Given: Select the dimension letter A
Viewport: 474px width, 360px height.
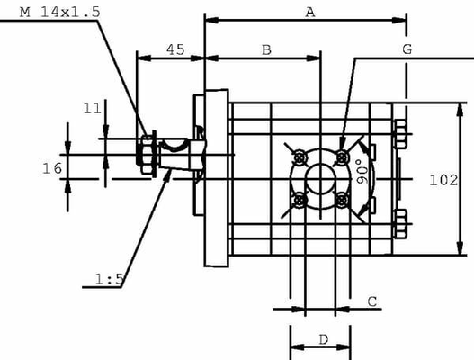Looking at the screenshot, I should click(x=310, y=12).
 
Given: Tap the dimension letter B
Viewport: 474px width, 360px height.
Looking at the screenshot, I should click(x=266, y=49).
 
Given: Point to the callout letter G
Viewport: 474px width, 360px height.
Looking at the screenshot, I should click(x=407, y=49).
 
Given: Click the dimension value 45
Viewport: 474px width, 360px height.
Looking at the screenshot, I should click(x=176, y=49).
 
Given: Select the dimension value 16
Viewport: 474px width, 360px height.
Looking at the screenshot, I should click(x=51, y=167).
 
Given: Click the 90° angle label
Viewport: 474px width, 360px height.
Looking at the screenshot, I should click(x=362, y=173).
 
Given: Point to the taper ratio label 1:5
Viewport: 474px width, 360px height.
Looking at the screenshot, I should click(x=108, y=280).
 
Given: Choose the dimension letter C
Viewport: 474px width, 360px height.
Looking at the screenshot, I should click(x=371, y=301).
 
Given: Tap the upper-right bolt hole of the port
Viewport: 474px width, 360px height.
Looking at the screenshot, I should click(x=341, y=158).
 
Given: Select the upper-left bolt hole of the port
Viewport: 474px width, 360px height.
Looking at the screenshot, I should click(x=298, y=158).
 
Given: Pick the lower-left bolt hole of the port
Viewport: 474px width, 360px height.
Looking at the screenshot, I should click(x=298, y=199).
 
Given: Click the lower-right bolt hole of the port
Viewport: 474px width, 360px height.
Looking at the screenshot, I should click(x=341, y=199).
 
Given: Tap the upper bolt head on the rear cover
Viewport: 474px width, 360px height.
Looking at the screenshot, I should click(x=400, y=133).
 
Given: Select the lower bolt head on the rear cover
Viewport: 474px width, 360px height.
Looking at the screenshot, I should click(x=400, y=218).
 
